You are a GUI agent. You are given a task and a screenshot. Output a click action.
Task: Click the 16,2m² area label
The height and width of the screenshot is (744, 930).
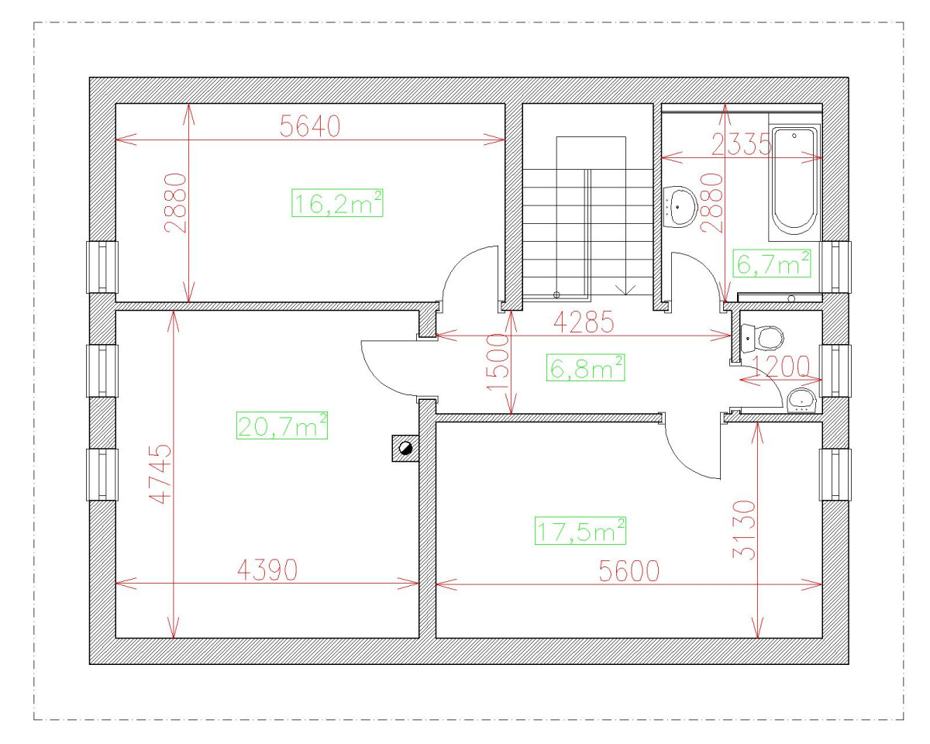tap(338, 203)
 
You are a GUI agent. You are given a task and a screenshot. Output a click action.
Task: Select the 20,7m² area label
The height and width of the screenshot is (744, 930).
tap(281, 425)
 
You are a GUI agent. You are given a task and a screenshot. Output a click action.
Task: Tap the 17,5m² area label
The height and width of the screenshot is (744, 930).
tap(580, 531)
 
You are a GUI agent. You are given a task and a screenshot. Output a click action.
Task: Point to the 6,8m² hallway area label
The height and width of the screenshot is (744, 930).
tap(586, 368)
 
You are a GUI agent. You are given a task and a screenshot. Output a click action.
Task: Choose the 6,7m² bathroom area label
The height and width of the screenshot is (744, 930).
tap(772, 265)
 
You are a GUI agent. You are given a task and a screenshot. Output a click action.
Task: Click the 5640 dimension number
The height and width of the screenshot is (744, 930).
tap(310, 127)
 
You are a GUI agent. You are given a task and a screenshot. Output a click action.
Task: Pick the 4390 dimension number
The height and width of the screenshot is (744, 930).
tap(267, 571)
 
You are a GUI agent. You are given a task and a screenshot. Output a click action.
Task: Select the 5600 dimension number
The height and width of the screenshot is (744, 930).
tap(629, 571)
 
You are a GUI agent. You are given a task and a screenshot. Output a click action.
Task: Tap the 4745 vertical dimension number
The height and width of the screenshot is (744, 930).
tap(159, 474)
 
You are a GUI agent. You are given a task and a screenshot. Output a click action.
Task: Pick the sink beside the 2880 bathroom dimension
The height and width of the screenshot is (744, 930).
tap(680, 206)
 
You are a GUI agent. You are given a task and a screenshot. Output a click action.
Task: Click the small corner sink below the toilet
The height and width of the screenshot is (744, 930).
tap(801, 400)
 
